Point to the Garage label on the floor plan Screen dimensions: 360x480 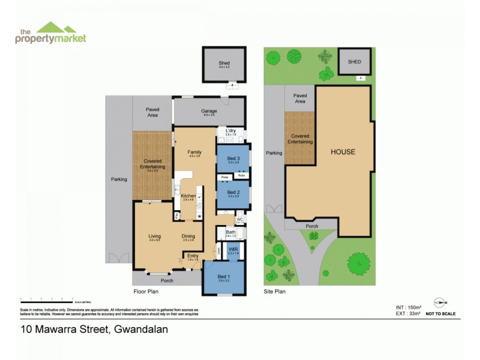click(x=209, y=111)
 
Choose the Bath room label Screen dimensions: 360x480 click(x=230, y=232)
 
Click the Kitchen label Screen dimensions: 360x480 click(x=188, y=195)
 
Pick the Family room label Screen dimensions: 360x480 click(x=195, y=152)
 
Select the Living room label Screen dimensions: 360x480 click(x=155, y=236)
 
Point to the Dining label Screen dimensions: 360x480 click(x=188, y=236)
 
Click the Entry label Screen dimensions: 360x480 click(x=193, y=255)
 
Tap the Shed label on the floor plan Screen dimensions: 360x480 click(x=224, y=63)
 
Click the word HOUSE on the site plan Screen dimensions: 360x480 click(x=343, y=152)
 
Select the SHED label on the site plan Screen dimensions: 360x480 click(x=355, y=61)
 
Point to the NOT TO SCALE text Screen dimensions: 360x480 click(x=440, y=314)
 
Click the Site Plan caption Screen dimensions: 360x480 click(x=274, y=291)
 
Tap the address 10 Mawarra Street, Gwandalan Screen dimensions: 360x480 click(x=94, y=329)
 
